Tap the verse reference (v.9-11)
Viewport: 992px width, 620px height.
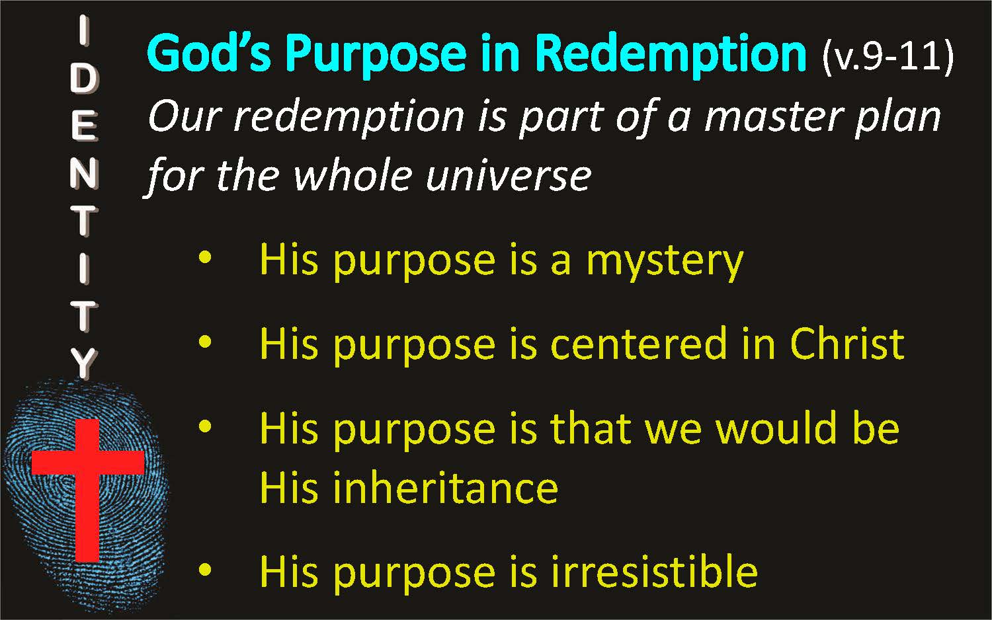[x=888, y=57]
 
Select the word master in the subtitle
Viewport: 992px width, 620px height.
[x=773, y=117]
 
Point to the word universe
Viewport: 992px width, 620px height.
[x=508, y=176]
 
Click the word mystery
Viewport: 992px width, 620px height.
[x=665, y=262]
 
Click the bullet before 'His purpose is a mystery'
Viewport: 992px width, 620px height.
[x=205, y=258]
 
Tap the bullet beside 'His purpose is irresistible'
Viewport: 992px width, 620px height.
[x=205, y=570]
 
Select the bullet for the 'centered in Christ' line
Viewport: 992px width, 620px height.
[x=205, y=342]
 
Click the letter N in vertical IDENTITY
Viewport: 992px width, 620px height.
[x=84, y=173]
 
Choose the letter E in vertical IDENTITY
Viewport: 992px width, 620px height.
[x=83, y=126]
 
